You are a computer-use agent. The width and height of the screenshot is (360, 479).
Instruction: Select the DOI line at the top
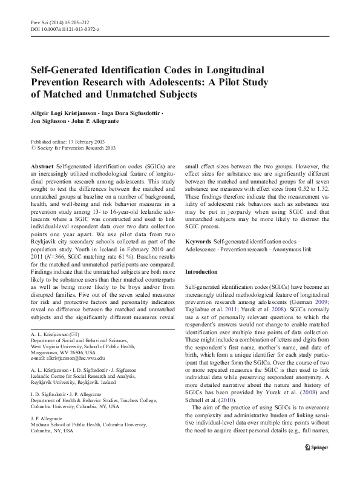(65, 29)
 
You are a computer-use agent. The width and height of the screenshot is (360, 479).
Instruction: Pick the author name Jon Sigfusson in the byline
(51, 121)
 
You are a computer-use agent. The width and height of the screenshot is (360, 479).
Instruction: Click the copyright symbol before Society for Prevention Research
(33, 147)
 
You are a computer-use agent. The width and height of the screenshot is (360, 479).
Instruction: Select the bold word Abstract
(42, 165)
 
